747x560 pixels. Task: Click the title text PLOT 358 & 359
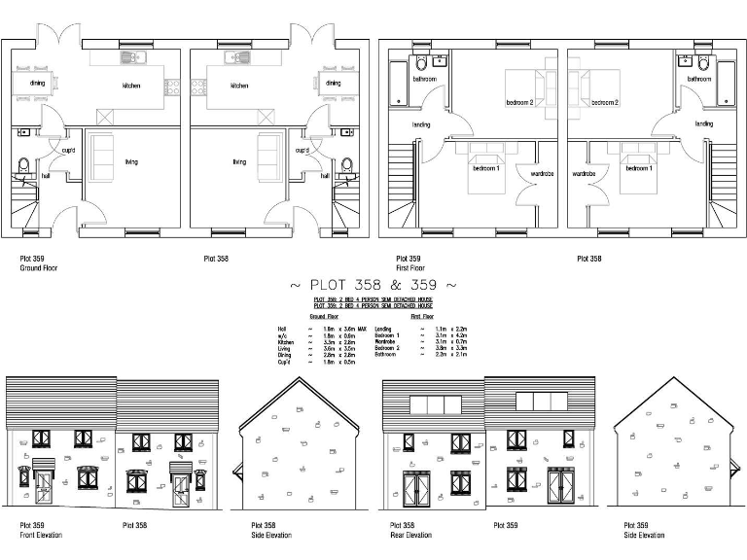[x=373, y=285]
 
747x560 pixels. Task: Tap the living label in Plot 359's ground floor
[x=130, y=161]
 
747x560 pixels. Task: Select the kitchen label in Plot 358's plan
[x=239, y=86]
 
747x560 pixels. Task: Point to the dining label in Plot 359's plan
[x=37, y=84]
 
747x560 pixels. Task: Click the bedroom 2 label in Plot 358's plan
[x=605, y=102]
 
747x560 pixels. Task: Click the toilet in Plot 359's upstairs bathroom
[x=420, y=64]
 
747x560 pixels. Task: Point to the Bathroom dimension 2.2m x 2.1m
[x=451, y=355]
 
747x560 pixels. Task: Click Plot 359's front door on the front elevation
[x=44, y=493]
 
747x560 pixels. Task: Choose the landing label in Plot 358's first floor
[x=703, y=124]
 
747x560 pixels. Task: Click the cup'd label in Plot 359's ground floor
[x=69, y=151]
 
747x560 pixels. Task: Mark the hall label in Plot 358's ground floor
[x=324, y=177]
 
